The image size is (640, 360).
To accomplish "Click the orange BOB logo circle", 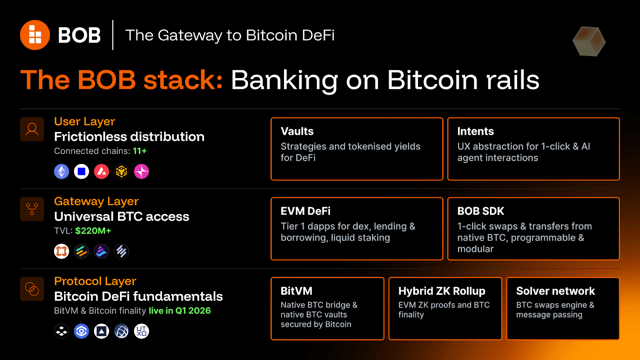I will click(35, 35).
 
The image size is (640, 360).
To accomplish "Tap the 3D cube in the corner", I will click(589, 41).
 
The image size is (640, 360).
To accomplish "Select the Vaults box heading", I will click(297, 131).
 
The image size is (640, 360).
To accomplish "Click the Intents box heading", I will click(476, 131).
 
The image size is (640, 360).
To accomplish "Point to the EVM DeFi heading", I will click(306, 211).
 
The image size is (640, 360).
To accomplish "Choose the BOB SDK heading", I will click(481, 211).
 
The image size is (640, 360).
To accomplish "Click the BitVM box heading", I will click(296, 291).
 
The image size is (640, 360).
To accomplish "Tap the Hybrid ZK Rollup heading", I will click(442, 291).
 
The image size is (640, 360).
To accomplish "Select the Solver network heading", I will click(556, 291).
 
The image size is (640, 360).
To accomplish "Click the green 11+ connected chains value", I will click(140, 151).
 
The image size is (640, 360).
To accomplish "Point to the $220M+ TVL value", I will click(93, 231).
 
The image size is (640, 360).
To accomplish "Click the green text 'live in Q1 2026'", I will click(180, 311).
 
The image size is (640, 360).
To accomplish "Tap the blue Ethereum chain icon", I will click(62, 172).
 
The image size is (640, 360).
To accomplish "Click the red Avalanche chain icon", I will click(102, 172).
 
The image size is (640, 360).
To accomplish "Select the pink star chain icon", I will click(142, 172).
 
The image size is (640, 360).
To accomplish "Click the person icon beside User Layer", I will click(32, 129).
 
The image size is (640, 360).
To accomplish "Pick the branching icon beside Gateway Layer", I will click(32, 209).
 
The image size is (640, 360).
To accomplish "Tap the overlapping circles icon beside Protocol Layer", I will click(32, 289).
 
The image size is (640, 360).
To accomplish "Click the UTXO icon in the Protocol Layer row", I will click(142, 331).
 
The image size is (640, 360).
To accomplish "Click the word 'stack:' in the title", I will click(183, 80).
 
